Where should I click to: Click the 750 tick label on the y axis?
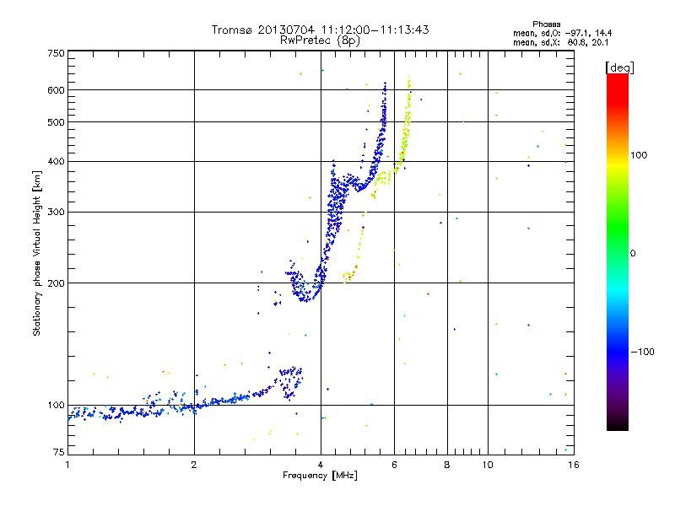click(56, 53)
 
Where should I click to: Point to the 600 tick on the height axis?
click(56, 89)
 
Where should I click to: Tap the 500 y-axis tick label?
click(56, 121)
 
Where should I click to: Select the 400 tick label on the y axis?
click(56, 161)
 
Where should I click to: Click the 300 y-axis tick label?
click(56, 212)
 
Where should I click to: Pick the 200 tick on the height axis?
click(56, 283)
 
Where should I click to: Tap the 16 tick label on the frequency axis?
click(571, 465)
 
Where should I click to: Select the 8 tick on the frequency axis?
click(447, 465)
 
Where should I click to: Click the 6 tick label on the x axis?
click(395, 465)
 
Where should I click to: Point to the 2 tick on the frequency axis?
click(194, 465)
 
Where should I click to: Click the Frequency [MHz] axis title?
click(320, 476)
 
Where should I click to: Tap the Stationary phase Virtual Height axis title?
click(37, 253)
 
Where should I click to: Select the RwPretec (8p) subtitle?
click(320, 40)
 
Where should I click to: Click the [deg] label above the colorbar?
click(620, 67)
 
